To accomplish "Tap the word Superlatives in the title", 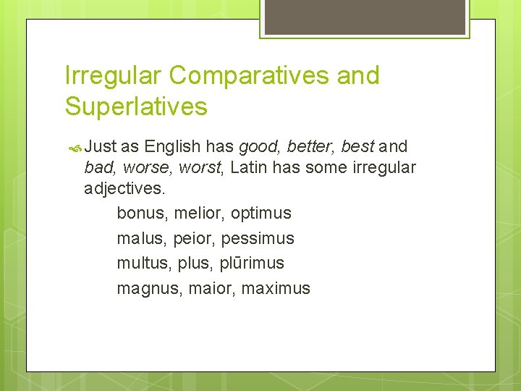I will pos(136,106).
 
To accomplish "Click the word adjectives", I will pos(124,189).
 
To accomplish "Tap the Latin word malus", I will pos(140,238).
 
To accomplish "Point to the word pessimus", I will pos(258,238).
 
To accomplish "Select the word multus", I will pos(143,263).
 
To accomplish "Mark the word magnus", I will pos(149,288).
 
